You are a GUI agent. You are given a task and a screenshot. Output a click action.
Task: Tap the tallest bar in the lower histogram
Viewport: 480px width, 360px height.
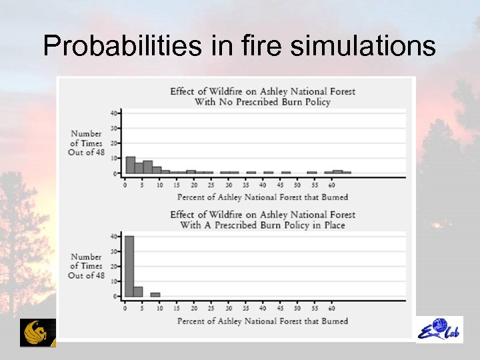[129, 266]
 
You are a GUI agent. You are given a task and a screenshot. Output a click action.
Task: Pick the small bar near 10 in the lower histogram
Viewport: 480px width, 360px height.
[155, 294]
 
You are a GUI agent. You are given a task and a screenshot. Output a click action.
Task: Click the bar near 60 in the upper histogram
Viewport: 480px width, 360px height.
[337, 172]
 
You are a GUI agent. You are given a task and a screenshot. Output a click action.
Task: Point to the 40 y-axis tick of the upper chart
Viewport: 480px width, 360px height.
[114, 113]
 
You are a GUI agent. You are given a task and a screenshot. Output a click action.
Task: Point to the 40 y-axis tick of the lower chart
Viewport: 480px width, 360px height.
[114, 236]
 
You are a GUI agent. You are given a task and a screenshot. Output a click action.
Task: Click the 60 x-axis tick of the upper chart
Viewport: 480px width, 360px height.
[332, 185]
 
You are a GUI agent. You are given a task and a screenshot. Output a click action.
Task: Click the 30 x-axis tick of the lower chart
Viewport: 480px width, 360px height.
[229, 308]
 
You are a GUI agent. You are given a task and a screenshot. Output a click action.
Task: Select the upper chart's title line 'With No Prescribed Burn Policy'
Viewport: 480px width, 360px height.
[262, 102]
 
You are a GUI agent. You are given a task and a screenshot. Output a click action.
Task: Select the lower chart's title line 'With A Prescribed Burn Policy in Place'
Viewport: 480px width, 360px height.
[262, 225]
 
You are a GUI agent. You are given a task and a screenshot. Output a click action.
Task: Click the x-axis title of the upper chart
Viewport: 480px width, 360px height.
[262, 197]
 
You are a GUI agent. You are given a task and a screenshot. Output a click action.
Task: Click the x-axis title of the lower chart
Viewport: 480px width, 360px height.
[262, 321]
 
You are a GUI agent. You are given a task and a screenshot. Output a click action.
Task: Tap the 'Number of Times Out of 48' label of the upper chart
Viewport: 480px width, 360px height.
[86, 143]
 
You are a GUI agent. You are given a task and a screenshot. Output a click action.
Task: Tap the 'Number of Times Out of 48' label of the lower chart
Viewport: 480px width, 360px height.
[86, 266]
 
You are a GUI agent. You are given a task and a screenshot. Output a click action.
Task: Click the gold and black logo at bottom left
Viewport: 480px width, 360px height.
[38, 333]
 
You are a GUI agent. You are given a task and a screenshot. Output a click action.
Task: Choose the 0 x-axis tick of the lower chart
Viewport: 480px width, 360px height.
[125, 308]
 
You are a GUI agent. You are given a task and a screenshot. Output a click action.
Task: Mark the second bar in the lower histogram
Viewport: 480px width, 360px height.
[138, 291]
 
